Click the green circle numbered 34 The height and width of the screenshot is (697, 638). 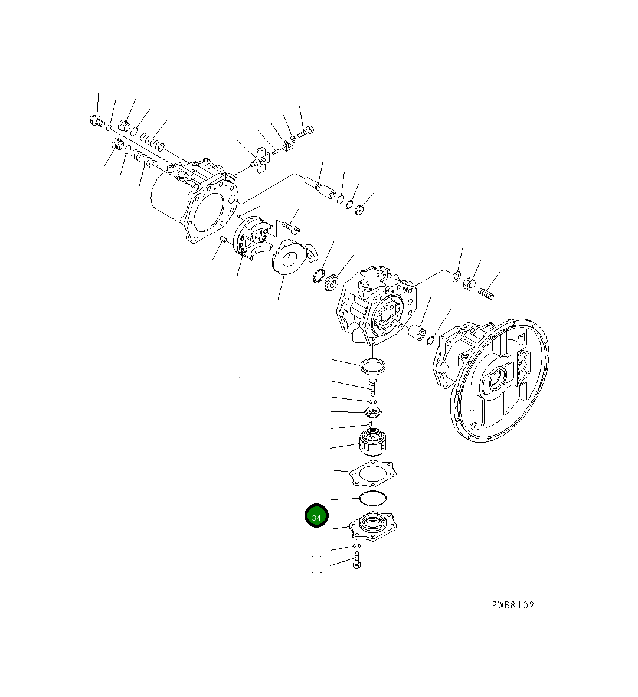(316, 516)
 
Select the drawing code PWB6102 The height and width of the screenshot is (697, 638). (512, 605)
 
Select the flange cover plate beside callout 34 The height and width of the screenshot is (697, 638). (373, 526)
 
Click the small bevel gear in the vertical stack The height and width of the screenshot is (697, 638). (372, 412)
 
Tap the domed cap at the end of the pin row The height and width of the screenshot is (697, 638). (359, 209)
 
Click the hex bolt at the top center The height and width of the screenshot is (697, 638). (305, 132)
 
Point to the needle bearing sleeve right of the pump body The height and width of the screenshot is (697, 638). (419, 332)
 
